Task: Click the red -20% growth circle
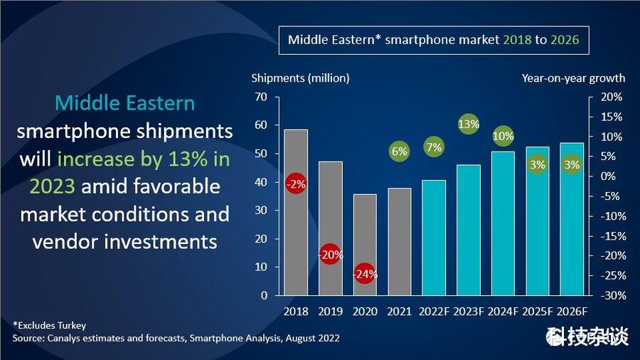(330, 254)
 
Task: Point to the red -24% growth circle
(365, 273)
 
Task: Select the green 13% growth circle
(469, 125)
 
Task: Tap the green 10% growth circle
(503, 136)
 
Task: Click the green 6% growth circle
(400, 151)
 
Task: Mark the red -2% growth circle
(296, 184)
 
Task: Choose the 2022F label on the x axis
(434, 312)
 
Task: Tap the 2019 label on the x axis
(330, 312)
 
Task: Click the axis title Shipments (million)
(300, 78)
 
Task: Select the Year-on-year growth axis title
(573, 78)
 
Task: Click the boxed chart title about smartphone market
(433, 40)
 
